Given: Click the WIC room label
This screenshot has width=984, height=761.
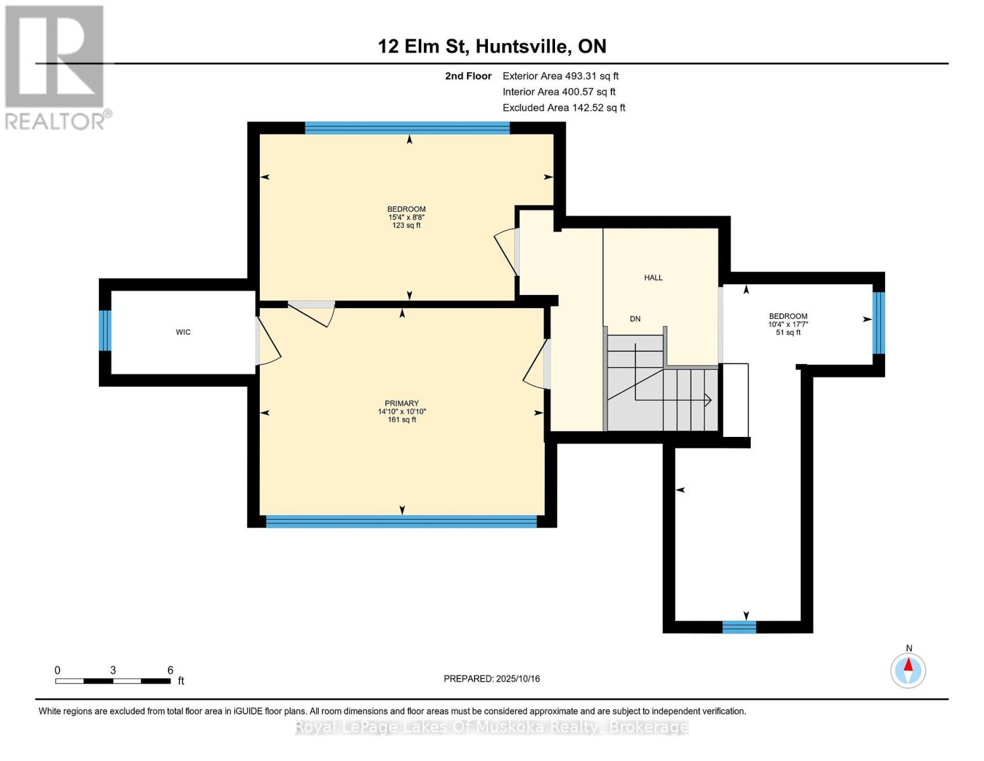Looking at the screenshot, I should (183, 332).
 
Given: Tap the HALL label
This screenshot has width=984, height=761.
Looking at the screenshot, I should (653, 278).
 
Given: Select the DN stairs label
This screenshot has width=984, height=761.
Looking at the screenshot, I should (635, 319).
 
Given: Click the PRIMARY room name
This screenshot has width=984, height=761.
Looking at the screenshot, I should (402, 403).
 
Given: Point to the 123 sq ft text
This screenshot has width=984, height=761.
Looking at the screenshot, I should (406, 225).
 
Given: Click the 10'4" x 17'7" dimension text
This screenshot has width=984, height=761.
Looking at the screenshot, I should (788, 324).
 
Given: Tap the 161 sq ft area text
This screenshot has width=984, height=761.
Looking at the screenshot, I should (402, 419).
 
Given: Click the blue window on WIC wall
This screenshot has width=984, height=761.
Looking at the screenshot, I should (105, 330).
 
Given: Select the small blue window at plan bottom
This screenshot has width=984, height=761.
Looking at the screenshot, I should (739, 627).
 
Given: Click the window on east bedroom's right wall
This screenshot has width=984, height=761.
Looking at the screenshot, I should (878, 322).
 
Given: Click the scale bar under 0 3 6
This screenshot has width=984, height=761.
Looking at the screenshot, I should (113, 681).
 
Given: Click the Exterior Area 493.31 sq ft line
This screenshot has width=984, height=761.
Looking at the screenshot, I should (560, 76).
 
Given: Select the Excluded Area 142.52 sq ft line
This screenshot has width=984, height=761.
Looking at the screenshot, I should (564, 108).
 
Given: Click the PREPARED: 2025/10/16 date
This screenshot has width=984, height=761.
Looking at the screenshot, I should (492, 679).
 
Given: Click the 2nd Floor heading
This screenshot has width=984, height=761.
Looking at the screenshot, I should (468, 76).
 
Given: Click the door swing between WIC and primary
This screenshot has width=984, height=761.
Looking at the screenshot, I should (267, 342).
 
